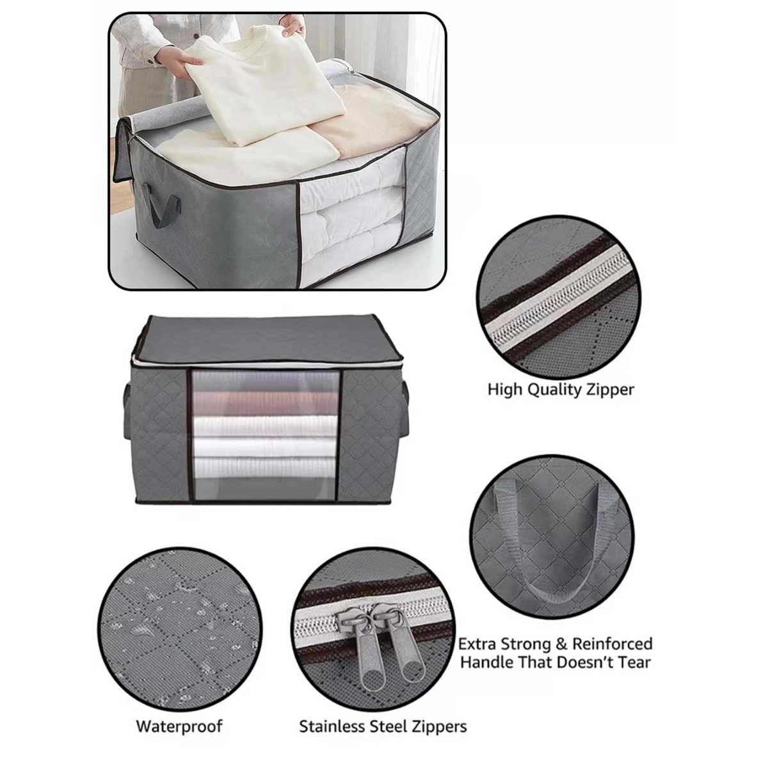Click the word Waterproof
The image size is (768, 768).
(x=179, y=726)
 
